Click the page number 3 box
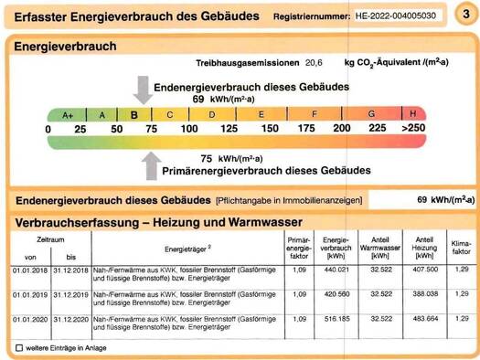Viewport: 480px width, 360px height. [x=465, y=16]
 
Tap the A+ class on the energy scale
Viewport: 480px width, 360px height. [x=67, y=115]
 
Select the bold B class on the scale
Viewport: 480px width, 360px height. [x=133, y=115]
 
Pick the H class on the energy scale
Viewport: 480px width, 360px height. [x=413, y=114]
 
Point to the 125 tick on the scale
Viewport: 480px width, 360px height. [x=229, y=130]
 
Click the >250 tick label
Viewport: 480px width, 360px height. [x=413, y=130]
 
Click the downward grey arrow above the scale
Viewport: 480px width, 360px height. [x=144, y=90]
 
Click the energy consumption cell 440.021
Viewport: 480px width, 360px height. [x=337, y=271]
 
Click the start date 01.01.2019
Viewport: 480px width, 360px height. [x=30, y=295]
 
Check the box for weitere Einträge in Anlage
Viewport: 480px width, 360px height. [x=19, y=348]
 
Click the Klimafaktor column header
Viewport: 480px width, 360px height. [x=461, y=246]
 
